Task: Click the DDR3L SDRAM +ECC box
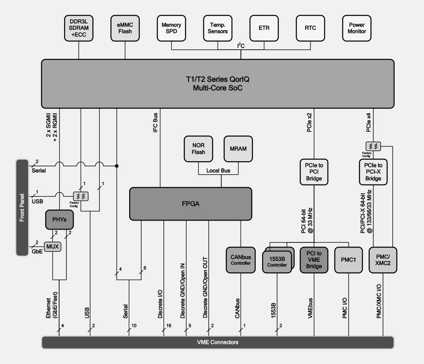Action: pyautogui.click(x=79, y=28)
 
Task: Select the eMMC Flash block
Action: pyautogui.click(x=125, y=28)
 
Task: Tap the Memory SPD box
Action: pyautogui.click(x=171, y=28)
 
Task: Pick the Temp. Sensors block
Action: pyautogui.click(x=218, y=28)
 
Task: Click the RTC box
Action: pyautogui.click(x=310, y=28)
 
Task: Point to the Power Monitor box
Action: pyautogui.click(x=357, y=28)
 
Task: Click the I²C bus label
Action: pyautogui.click(x=241, y=46)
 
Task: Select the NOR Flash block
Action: pyautogui.click(x=198, y=149)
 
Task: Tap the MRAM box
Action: pyautogui.click(x=238, y=149)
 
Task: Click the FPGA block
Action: pyautogui.click(x=191, y=204)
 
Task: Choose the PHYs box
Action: pyautogui.click(x=59, y=219)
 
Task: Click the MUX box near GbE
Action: pyautogui.click(x=53, y=247)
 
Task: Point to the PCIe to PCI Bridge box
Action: pyautogui.click(x=314, y=172)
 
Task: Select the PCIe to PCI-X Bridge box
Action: pyautogui.click(x=373, y=172)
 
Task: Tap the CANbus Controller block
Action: pyautogui.click(x=241, y=260)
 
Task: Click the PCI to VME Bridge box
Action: pyautogui.click(x=314, y=260)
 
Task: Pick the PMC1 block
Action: pyautogui.click(x=349, y=260)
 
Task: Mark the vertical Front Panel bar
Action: pyautogui.click(x=22, y=208)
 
